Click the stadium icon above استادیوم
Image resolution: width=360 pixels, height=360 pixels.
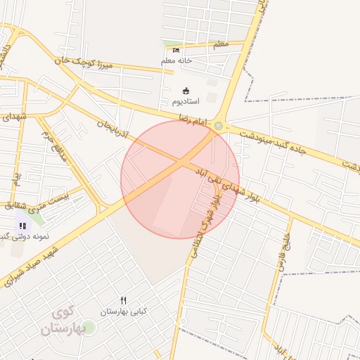(x=186, y=91)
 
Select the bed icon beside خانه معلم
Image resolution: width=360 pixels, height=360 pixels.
(x=176, y=50)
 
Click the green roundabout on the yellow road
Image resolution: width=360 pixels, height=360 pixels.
(x=219, y=127)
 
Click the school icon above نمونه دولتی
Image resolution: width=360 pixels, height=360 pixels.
(x=22, y=226)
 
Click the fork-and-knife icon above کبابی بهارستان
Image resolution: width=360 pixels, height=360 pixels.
(x=124, y=300)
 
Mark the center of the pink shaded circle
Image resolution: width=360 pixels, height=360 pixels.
(x=180, y=180)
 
